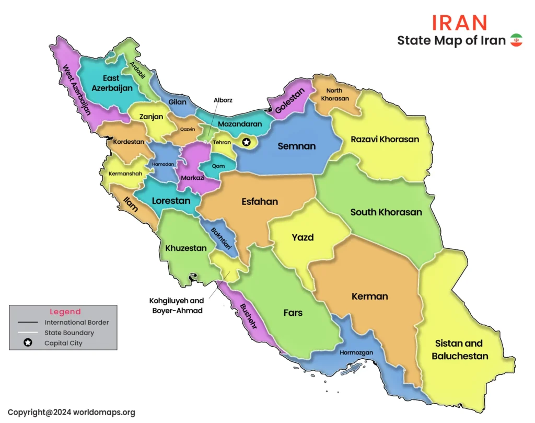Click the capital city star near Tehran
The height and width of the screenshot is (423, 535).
click(x=247, y=141)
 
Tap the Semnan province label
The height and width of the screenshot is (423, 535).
click(x=296, y=146)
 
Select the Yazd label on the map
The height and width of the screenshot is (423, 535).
click(x=303, y=237)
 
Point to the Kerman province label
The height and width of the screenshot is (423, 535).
click(x=369, y=296)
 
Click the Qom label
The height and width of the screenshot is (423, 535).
click(x=219, y=166)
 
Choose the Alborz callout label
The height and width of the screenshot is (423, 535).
click(x=223, y=100)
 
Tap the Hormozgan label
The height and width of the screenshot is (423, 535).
click(x=356, y=353)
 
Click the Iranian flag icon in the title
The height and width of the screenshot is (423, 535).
click(x=516, y=40)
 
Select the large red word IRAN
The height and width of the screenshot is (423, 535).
click(x=460, y=22)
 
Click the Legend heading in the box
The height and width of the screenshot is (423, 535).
click(x=65, y=312)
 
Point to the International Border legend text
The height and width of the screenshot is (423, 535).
click(x=77, y=323)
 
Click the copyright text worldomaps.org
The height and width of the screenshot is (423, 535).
click(x=72, y=412)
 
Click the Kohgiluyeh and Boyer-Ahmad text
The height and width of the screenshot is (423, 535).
click(x=177, y=305)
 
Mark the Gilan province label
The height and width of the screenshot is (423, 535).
click(x=177, y=102)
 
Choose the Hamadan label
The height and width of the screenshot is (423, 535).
click(x=163, y=164)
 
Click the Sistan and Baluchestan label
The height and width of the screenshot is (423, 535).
click(x=460, y=350)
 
